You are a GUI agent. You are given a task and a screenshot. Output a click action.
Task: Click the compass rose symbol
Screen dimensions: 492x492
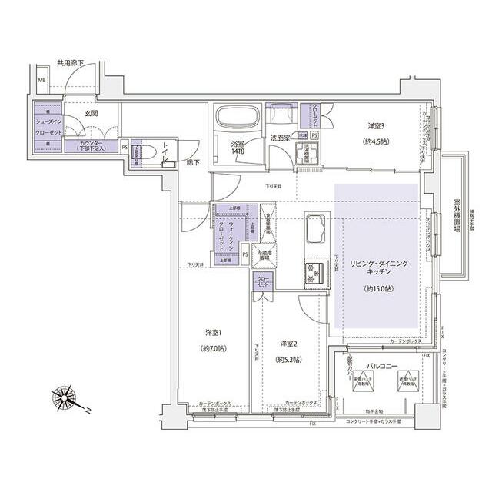(67, 399)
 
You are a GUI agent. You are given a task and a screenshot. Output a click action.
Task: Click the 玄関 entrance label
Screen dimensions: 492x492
(91, 113)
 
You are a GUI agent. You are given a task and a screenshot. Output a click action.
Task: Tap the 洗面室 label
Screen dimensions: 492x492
(279, 138)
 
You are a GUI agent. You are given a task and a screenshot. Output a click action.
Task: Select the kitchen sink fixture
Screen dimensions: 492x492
(315, 229)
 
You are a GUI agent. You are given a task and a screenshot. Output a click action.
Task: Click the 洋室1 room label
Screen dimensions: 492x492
(214, 333)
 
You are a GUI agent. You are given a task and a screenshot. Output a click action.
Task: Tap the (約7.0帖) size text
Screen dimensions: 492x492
(214, 348)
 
